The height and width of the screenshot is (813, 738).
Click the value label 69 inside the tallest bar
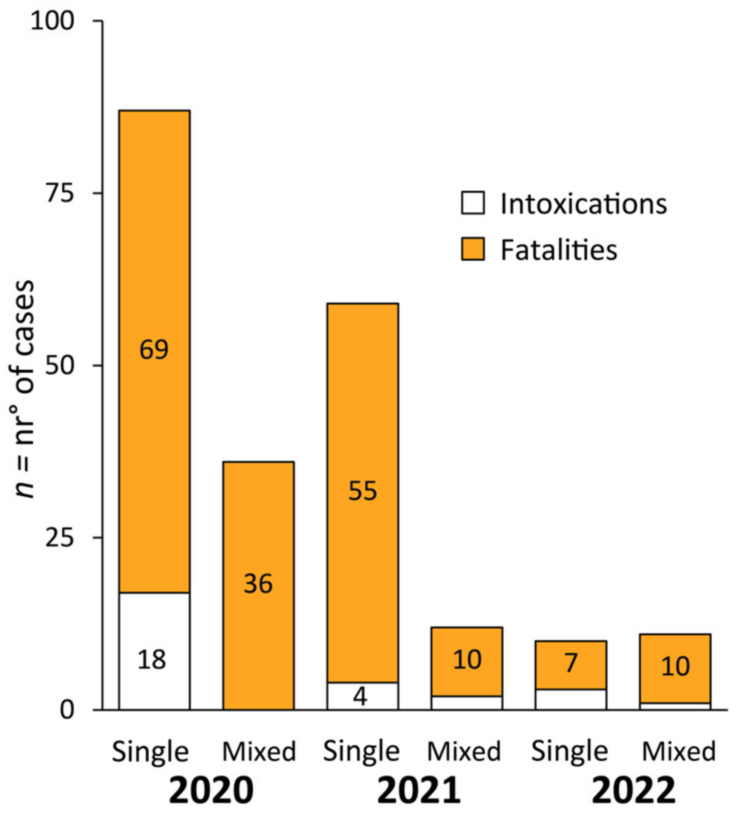point(154,349)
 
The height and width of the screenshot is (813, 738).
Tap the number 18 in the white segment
point(152,660)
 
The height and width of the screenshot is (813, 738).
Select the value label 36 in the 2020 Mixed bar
point(258,583)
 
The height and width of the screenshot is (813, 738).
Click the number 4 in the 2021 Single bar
point(360,696)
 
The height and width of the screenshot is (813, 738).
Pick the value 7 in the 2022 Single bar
point(571,662)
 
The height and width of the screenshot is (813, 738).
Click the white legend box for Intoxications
point(473,203)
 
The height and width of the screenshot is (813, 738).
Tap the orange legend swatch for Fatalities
point(473,249)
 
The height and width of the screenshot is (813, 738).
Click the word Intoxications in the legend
point(583,203)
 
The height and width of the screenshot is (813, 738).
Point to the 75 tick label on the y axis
point(59,193)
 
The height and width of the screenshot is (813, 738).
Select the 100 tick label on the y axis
point(53,21)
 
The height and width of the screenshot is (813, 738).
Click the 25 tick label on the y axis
point(59,538)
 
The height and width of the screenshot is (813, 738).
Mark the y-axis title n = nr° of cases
point(23,389)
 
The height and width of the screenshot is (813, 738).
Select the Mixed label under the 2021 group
point(464,751)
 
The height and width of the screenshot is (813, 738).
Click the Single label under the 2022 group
point(569,751)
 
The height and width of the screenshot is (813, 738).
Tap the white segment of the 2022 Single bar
point(571,699)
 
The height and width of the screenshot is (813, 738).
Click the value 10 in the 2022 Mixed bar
point(675,666)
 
